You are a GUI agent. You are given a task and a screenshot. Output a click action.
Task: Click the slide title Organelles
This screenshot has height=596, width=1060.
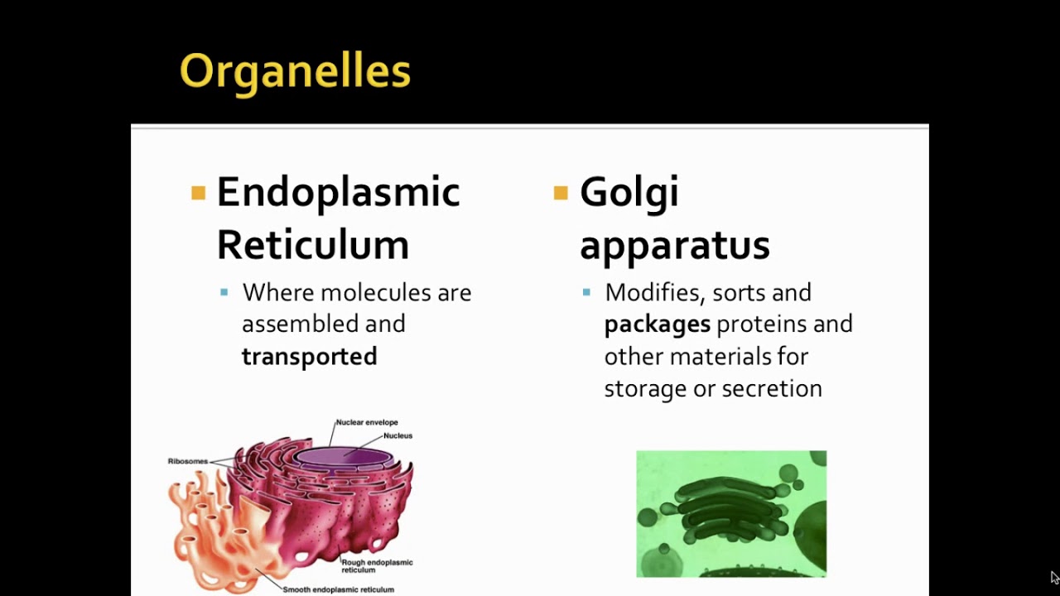pos(295,71)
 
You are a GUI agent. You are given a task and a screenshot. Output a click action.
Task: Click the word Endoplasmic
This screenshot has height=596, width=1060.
pos(338,193)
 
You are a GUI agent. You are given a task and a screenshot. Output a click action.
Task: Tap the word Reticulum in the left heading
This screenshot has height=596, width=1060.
pos(312,245)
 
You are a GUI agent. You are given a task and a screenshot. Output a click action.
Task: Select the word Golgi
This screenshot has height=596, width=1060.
pos(629,193)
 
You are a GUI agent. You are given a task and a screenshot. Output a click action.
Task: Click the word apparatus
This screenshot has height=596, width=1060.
pos(674,246)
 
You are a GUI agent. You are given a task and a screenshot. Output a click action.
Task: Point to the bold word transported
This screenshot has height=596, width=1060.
pos(309,357)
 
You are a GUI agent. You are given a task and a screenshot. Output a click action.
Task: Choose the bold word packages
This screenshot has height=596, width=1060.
pos(657,324)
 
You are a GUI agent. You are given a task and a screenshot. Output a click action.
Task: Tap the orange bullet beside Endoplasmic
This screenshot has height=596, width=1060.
pos(198,194)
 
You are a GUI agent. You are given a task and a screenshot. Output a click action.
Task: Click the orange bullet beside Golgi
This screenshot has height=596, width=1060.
pos(561,194)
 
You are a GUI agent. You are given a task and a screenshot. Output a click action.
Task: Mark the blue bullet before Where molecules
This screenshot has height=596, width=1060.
pos(224,292)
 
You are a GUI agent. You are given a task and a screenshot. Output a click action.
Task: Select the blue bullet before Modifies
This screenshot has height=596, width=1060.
pos(586,292)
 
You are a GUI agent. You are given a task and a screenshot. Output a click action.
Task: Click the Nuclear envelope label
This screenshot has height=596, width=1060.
pos(366,422)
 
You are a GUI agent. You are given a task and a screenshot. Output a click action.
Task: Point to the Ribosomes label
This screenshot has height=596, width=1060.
pos(187,461)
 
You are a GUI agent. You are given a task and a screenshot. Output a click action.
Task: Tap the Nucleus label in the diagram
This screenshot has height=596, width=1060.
pos(397,435)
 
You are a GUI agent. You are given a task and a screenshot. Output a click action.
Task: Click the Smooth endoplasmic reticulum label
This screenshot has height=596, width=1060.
pos(338,589)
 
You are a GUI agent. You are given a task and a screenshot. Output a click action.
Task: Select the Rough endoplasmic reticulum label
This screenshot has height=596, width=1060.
pos(377,566)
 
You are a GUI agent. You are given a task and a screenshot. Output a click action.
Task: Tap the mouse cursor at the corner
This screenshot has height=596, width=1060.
pos(1054,577)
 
